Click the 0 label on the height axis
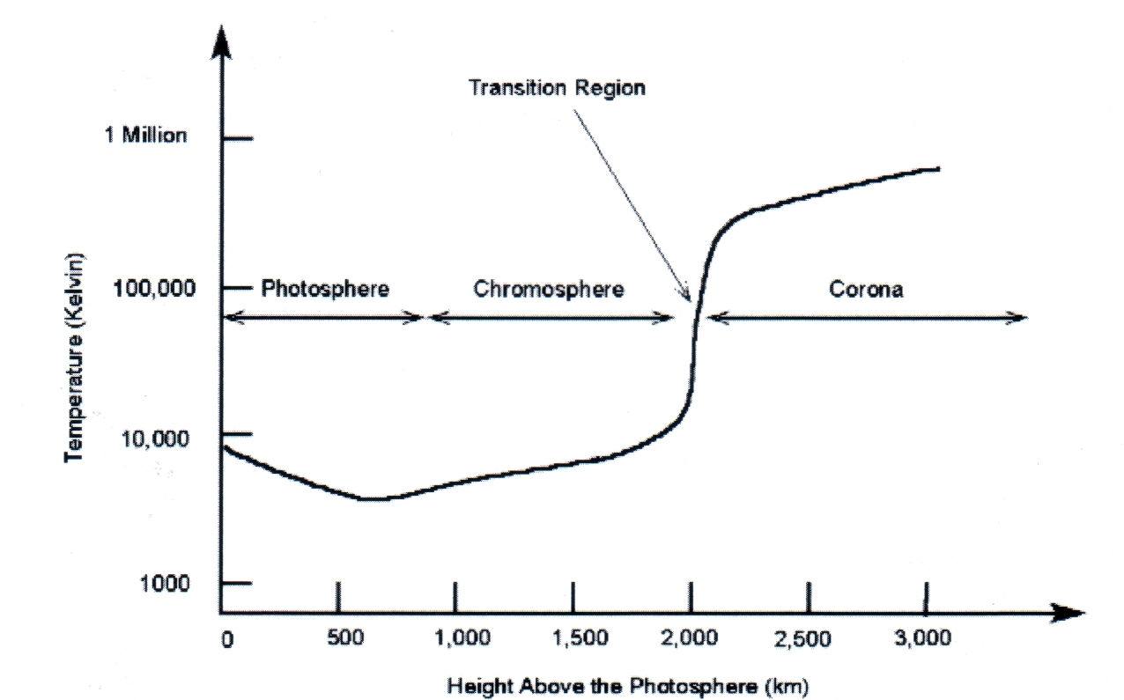[x=227, y=639]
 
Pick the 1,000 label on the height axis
[x=456, y=639]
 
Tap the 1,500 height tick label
[x=574, y=639]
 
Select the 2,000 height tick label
[x=692, y=639]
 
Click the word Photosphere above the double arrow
[x=325, y=289]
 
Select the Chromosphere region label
[x=549, y=289]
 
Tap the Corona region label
[x=866, y=289]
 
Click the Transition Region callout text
[x=557, y=88]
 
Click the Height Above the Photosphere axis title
[x=627, y=684]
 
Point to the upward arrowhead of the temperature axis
[x=221, y=40]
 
